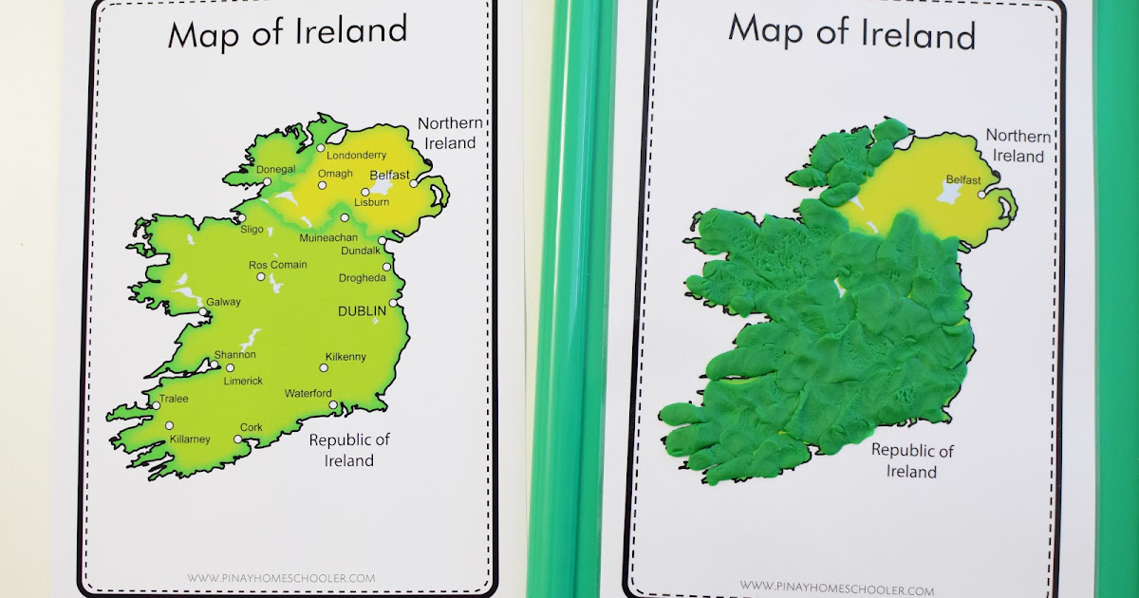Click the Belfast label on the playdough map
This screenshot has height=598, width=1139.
963,180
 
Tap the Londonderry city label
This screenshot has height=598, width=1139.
357,155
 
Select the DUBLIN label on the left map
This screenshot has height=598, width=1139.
363,310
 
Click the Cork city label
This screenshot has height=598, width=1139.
251,427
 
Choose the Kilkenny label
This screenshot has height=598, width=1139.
345,357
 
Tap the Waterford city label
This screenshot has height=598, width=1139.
308,393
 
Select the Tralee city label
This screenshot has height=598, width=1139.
173,399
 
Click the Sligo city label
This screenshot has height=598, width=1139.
252,229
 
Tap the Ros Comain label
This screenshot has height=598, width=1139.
277,265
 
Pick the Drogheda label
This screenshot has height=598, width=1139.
363,278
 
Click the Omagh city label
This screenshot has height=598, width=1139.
334,174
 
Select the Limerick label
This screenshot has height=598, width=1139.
243,380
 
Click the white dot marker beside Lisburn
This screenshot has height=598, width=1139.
365,192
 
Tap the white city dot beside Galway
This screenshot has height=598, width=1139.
203,311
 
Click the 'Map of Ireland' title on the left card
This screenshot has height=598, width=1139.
288,34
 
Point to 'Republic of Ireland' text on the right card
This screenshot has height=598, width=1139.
912,460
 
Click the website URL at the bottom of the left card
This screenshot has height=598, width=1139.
281,577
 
